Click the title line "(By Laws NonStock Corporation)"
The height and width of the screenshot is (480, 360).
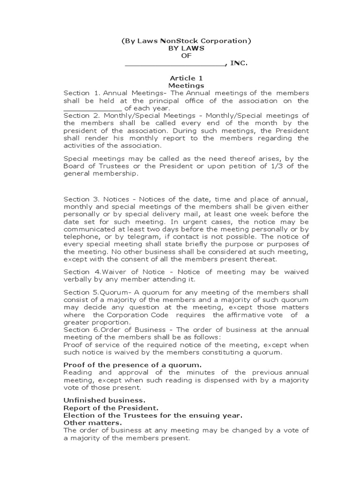pyautogui.click(x=186, y=41)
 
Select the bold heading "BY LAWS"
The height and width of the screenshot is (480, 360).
pyautogui.click(x=186, y=48)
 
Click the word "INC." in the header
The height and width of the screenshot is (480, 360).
pyautogui.click(x=239, y=63)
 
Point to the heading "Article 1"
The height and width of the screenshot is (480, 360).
pyautogui.click(x=186, y=78)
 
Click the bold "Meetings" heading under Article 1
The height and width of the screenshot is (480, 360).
pyautogui.click(x=186, y=86)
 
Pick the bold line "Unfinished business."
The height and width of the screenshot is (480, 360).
pyautogui.click(x=105, y=400)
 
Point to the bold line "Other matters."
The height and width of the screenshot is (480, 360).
pyautogui.click(x=92, y=423)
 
